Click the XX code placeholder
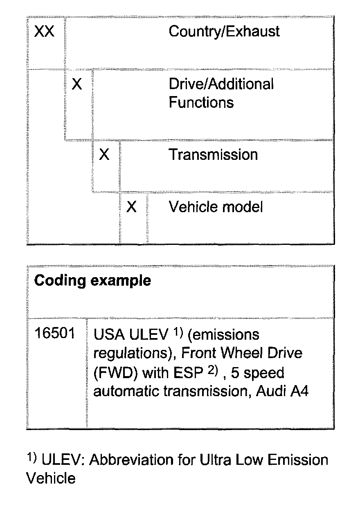[x=44, y=32]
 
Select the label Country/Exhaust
[x=224, y=32]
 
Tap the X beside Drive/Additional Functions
[x=76, y=85]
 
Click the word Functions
[x=201, y=102]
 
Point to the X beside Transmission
[x=104, y=155]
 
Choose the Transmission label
[x=213, y=155]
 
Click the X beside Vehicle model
[x=131, y=207]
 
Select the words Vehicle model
[x=216, y=207]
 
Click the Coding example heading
[x=92, y=281]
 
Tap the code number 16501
[x=55, y=334]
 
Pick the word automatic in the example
[x=126, y=392]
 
